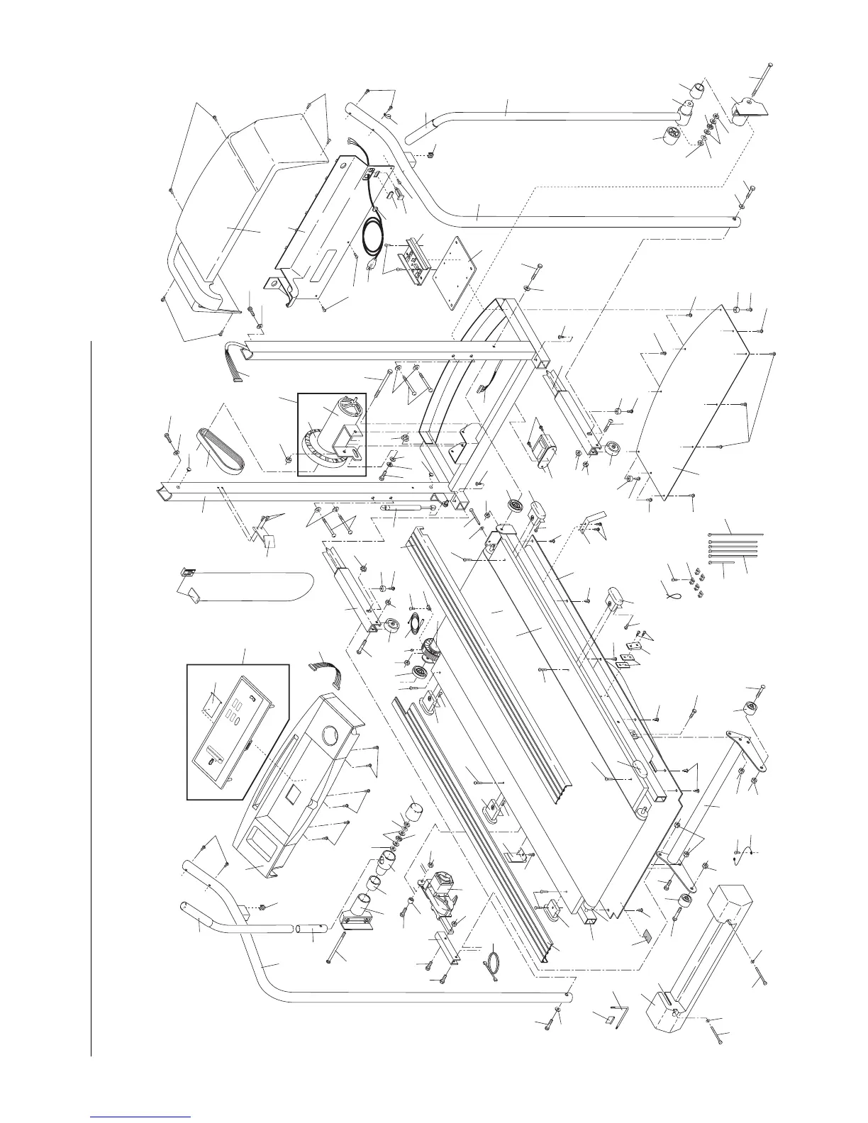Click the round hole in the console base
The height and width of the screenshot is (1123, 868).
330,734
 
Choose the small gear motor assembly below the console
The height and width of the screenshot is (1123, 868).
436,892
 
